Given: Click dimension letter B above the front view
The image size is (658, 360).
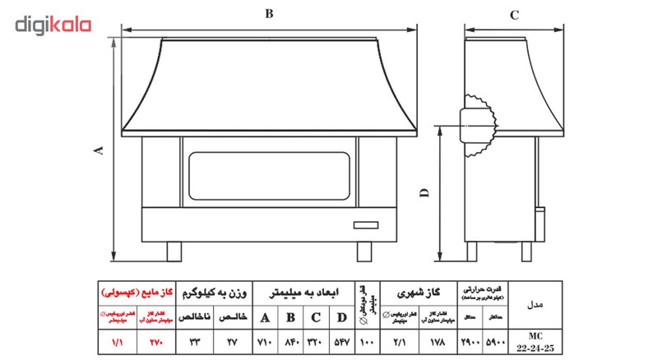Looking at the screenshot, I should coord(269,12).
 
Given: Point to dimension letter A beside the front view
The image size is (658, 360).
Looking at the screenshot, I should coord(99,150).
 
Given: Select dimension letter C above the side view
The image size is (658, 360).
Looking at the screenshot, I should coord(513,14).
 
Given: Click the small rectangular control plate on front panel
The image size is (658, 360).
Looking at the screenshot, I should coord(366,224).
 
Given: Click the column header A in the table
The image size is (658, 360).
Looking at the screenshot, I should coord(264,317).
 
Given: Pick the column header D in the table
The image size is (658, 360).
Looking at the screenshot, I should coord(341,317).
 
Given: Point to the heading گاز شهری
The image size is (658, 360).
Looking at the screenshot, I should coord(419,292).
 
